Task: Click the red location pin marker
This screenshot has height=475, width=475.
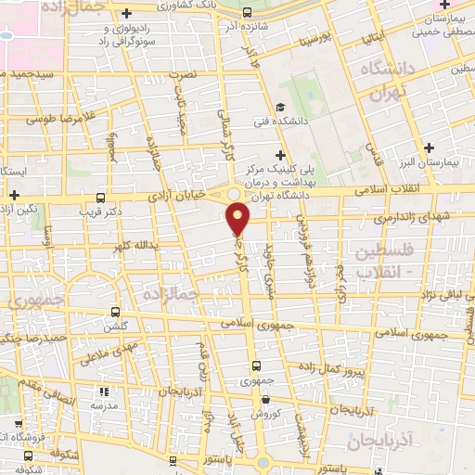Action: point(239,219)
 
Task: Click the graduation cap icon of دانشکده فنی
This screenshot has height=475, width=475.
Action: point(279,108)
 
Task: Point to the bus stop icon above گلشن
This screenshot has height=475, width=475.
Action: point(115,312)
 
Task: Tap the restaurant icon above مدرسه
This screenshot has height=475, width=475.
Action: point(102,392)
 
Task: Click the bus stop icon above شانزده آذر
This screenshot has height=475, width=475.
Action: point(247,12)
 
